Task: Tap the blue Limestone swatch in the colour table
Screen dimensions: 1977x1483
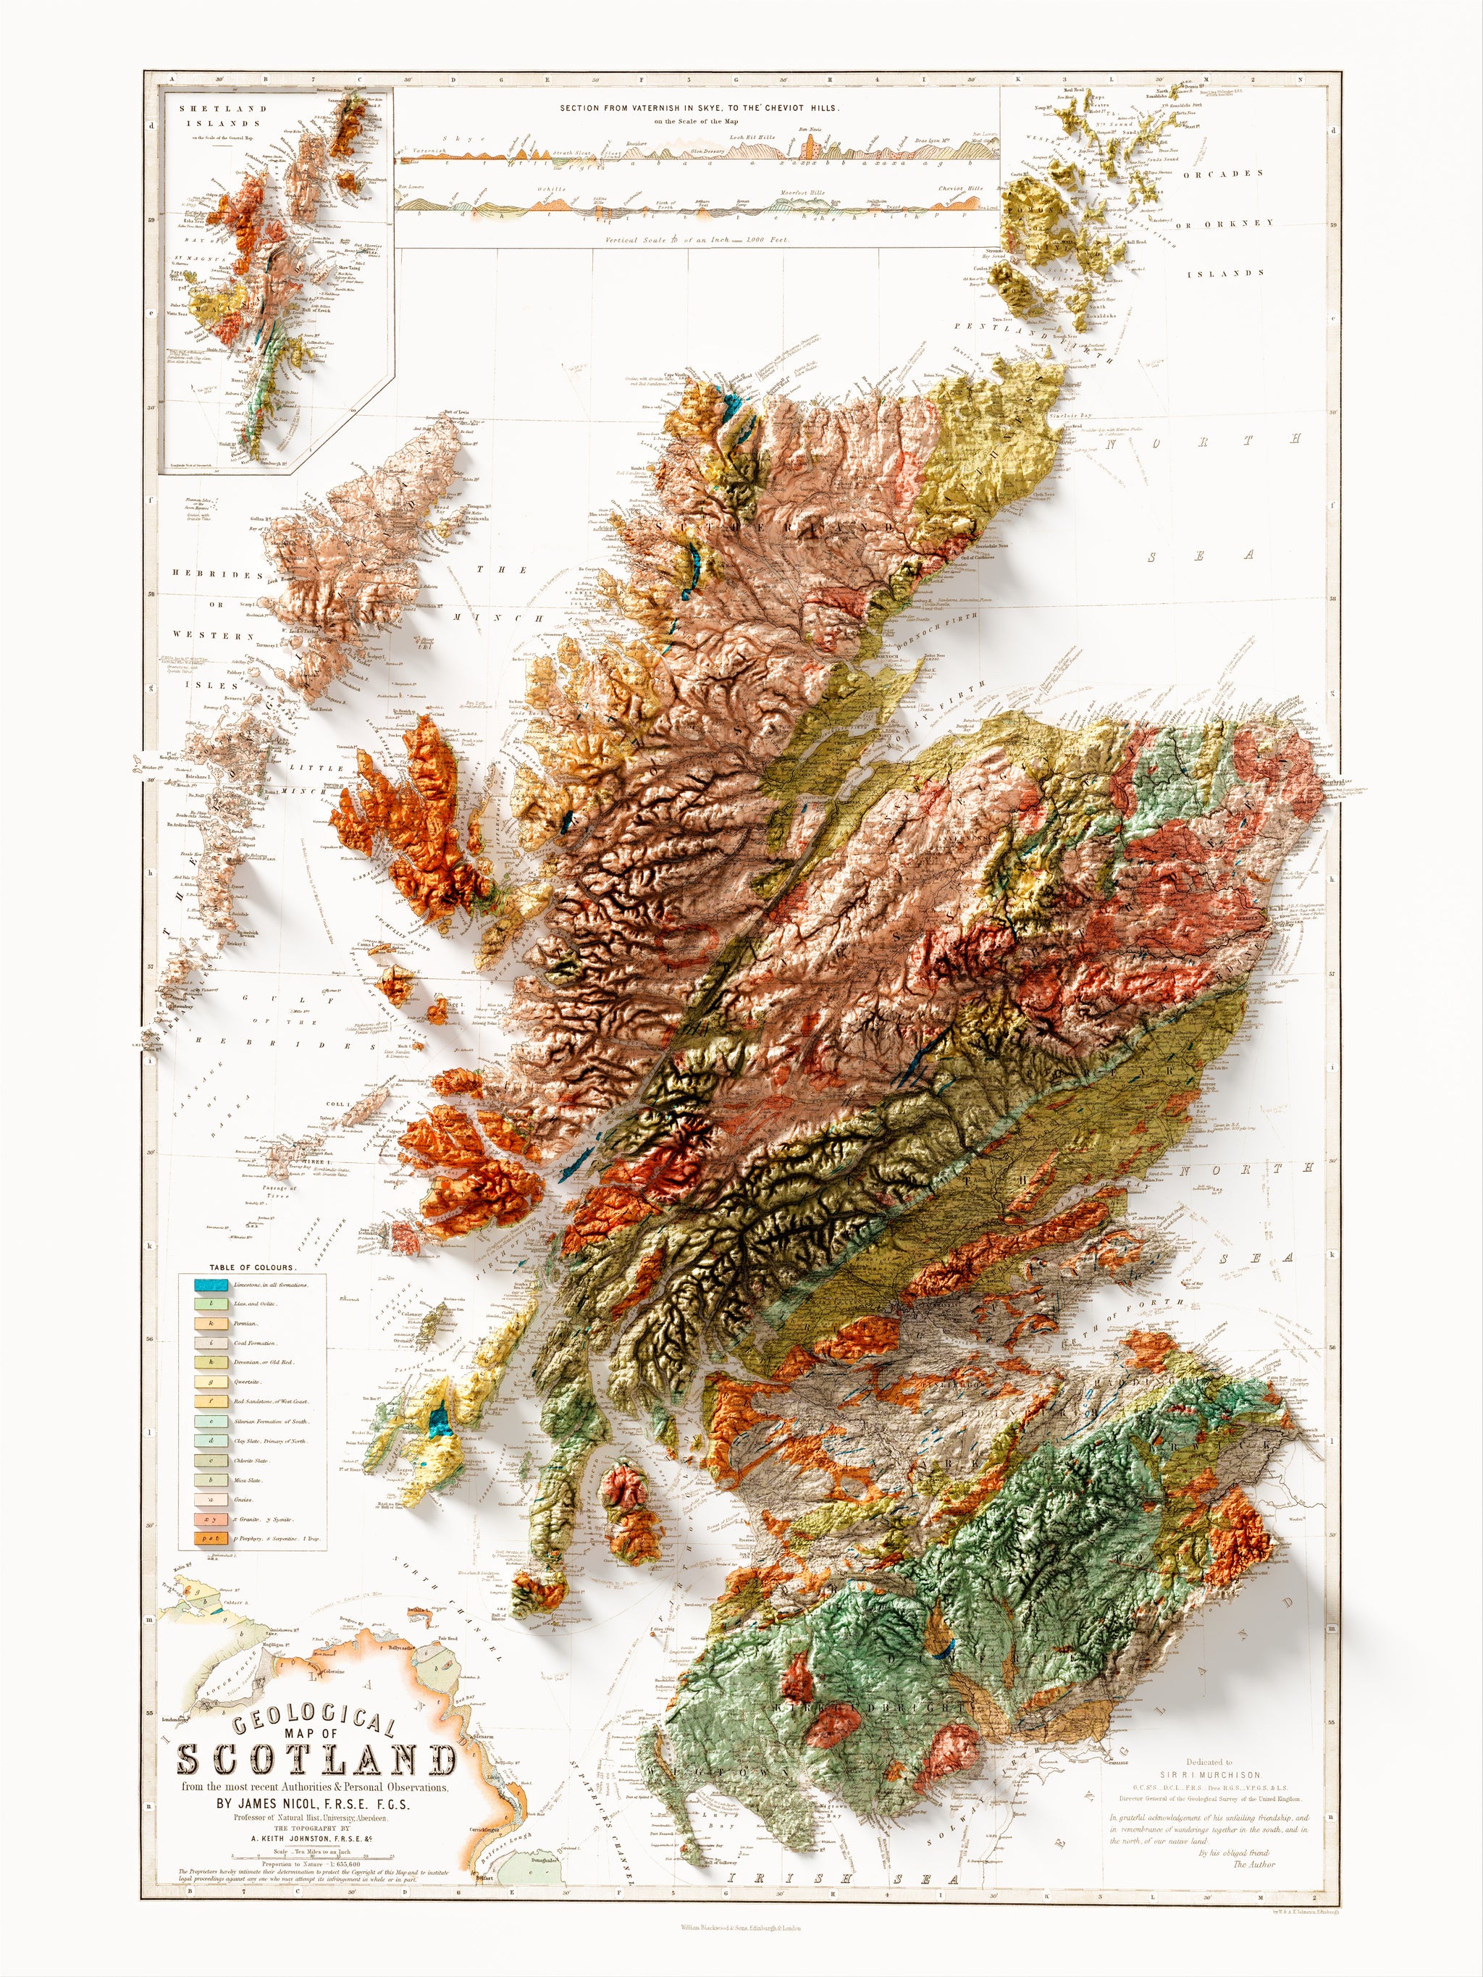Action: [211, 1285]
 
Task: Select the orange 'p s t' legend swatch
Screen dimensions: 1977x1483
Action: [211, 1538]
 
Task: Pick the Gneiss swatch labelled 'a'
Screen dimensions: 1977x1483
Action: [211, 1499]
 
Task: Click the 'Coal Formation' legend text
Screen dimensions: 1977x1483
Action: [256, 1343]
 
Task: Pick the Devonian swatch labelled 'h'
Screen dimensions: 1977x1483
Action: [211, 1362]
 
